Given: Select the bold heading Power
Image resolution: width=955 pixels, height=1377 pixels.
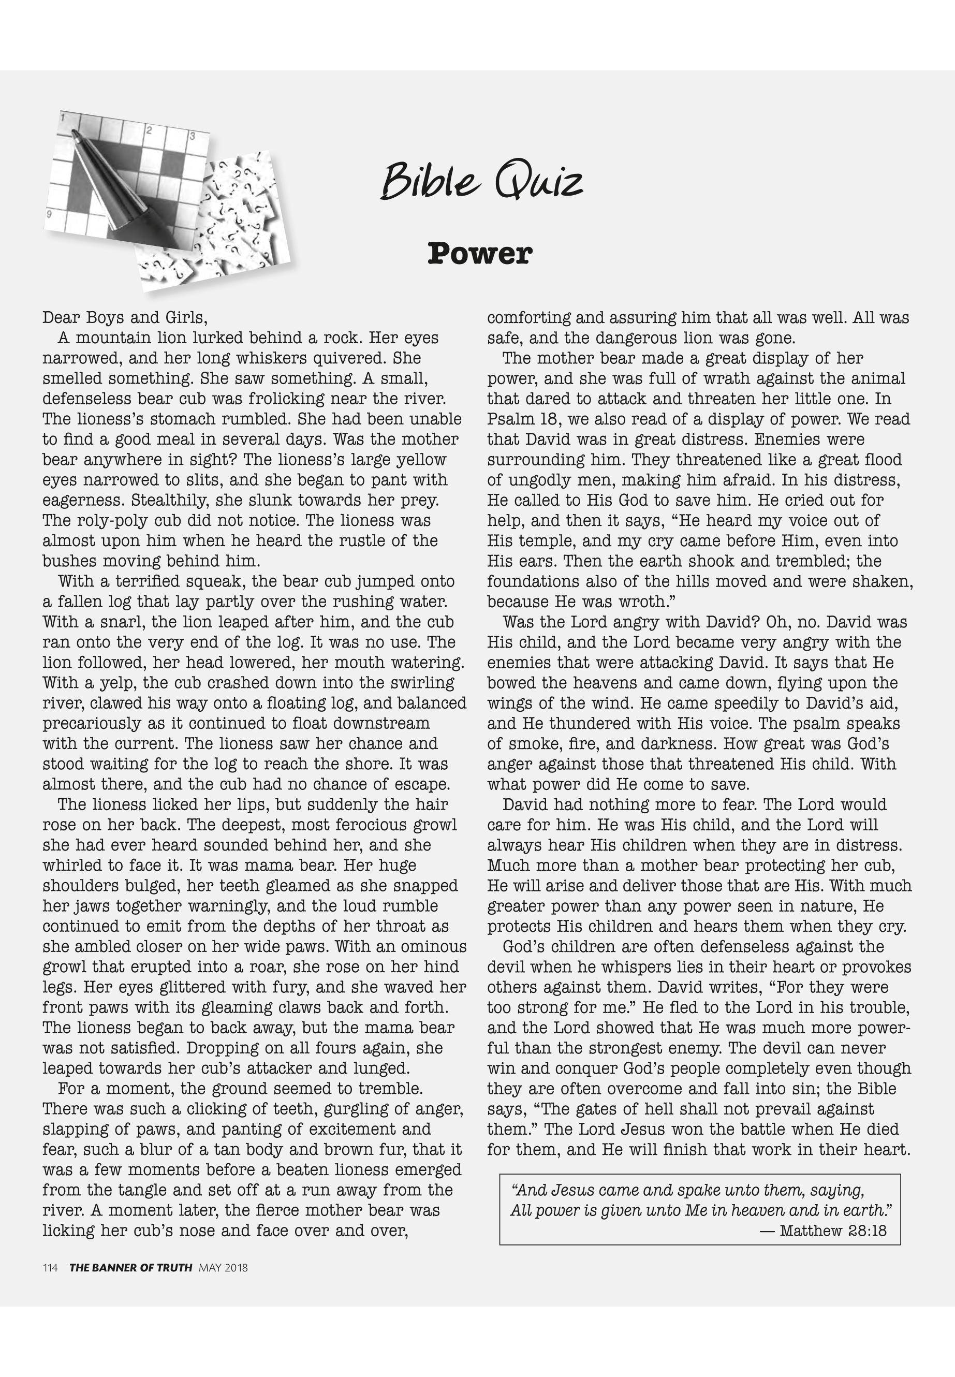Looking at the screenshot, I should point(479,253).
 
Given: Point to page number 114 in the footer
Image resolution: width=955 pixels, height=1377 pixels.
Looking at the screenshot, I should point(50,1267).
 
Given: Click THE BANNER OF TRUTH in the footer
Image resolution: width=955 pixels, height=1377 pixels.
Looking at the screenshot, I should point(130,1267).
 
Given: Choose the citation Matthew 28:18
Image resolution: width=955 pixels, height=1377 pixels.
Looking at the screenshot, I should point(833,1231).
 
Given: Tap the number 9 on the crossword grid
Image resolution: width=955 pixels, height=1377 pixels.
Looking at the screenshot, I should point(49,214).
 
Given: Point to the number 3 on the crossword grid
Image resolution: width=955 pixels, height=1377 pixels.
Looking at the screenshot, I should point(192,137).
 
